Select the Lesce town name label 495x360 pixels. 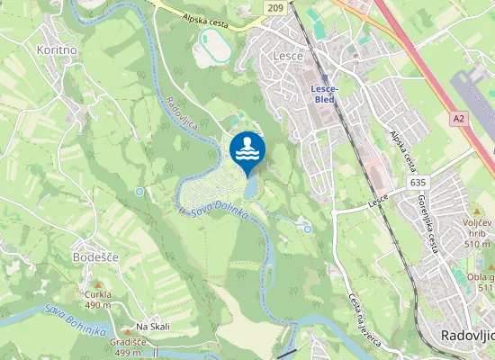click(286, 56)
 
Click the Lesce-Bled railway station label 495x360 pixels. click(323, 94)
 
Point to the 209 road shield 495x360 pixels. click(276, 7)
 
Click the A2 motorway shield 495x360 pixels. click(460, 118)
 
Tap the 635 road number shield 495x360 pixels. click(416, 182)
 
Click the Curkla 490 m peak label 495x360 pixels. click(97, 299)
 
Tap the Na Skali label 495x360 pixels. click(152, 326)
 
